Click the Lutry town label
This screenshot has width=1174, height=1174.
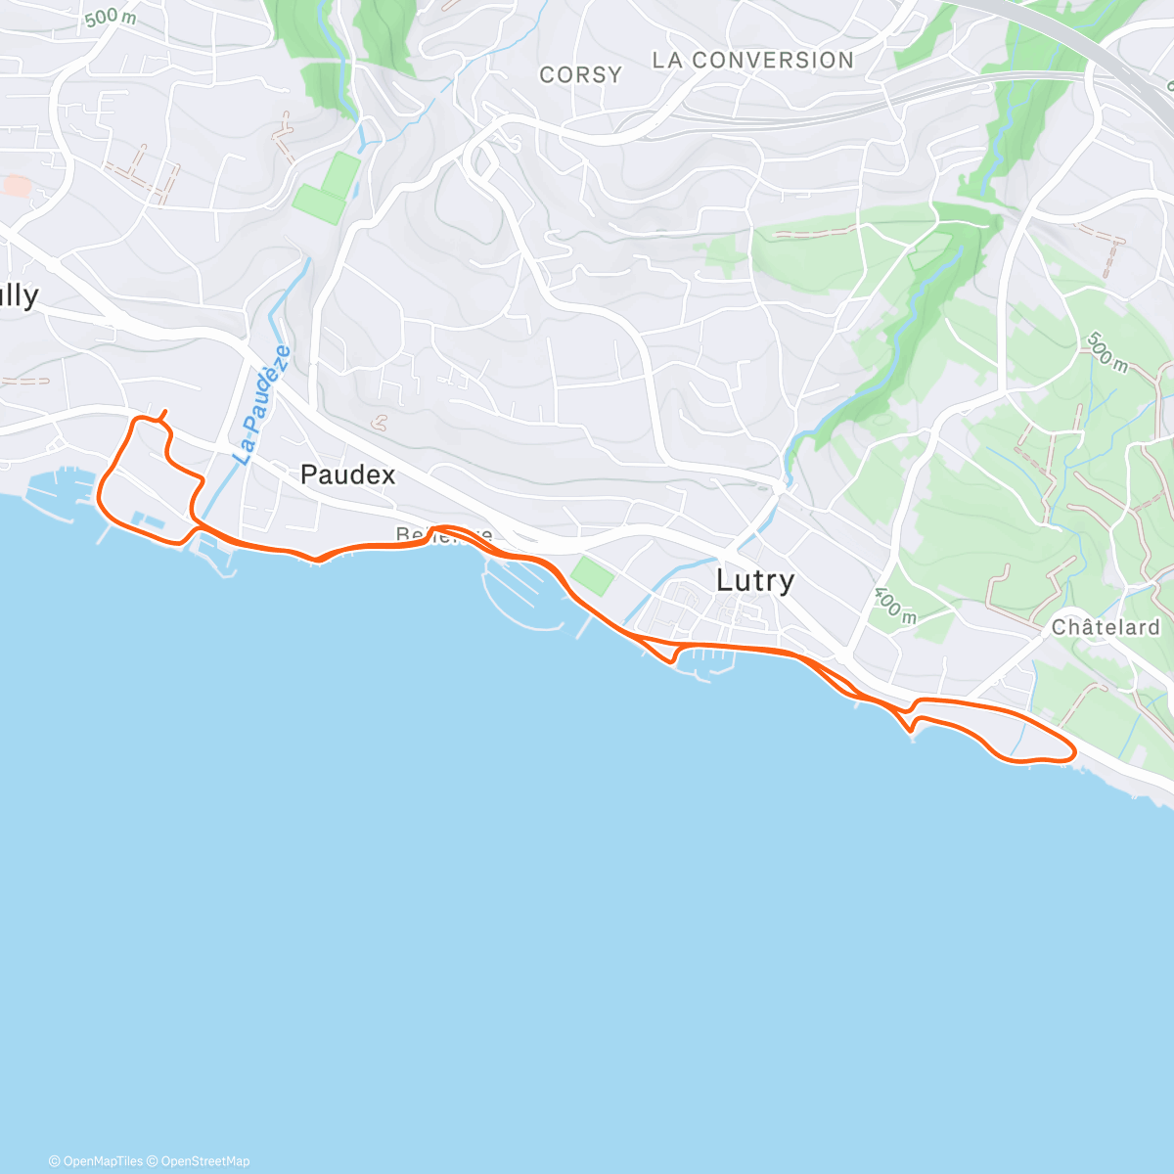coord(754,580)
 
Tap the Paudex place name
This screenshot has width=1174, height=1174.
coord(347,475)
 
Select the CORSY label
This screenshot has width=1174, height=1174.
coord(580,74)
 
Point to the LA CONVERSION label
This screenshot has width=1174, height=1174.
coord(752,61)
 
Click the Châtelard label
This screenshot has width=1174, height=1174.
coord(1106,627)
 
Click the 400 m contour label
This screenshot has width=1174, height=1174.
coord(895,606)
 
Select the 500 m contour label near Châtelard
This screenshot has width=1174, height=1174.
coord(1106,352)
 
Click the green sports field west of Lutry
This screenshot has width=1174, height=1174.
coord(592,575)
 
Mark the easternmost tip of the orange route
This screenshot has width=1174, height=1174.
coord(1075,752)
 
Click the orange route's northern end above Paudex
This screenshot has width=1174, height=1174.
coord(163,412)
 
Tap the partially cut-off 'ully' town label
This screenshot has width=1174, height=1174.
coord(19,296)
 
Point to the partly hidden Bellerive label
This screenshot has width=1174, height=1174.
coord(443,535)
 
